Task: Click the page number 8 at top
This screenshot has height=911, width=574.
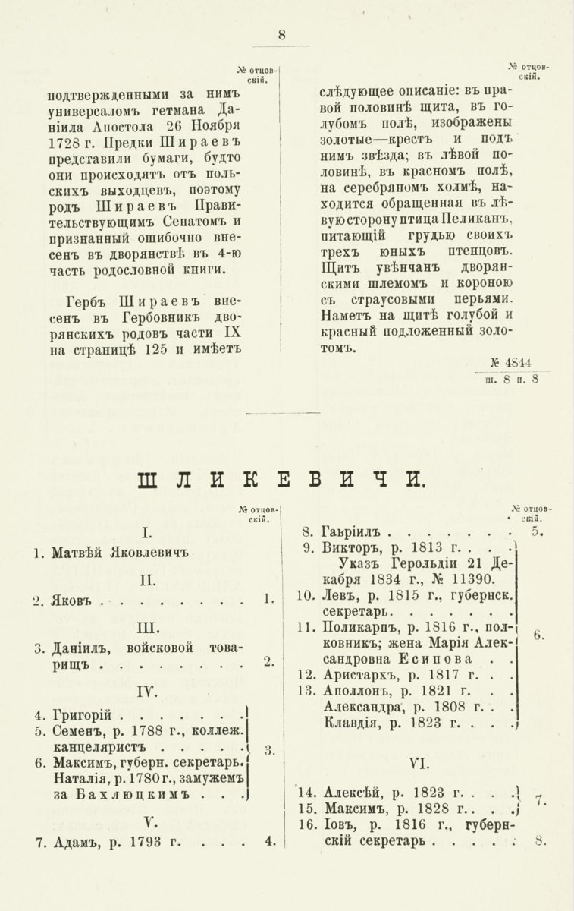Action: (282, 34)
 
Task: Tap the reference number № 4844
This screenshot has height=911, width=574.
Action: (516, 362)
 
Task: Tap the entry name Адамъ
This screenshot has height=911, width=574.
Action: (75, 841)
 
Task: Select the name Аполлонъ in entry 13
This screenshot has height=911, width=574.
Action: (357, 690)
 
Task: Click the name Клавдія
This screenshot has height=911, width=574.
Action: (350, 722)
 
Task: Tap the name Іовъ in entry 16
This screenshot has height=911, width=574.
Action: (337, 824)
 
